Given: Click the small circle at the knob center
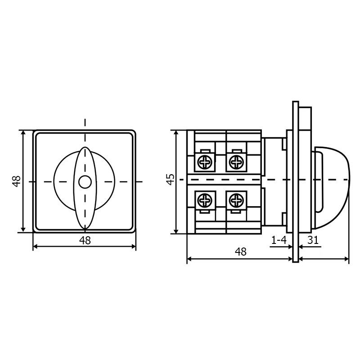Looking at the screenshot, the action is click(85, 182).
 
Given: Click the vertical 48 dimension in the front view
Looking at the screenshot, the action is click(17, 181).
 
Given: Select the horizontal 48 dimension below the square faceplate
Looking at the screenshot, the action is click(85, 240).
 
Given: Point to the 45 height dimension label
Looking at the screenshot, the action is click(171, 179).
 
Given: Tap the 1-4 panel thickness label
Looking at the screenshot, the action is click(279, 240).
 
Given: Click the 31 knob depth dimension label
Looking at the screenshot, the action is click(313, 240).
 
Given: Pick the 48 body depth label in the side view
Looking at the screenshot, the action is click(241, 252).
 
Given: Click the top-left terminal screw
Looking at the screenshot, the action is click(205, 162).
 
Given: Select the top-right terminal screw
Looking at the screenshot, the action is click(237, 162).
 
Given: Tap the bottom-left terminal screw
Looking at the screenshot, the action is click(205, 200).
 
